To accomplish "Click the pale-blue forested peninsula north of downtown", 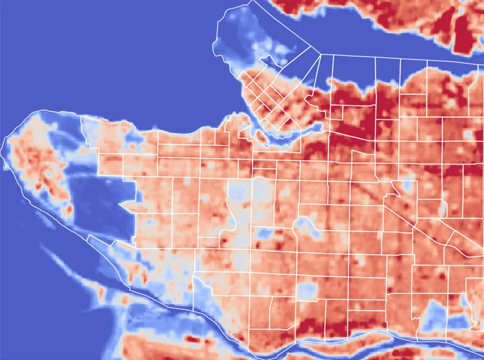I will tap(242, 41).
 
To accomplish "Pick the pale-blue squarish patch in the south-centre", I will tap(307, 289).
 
